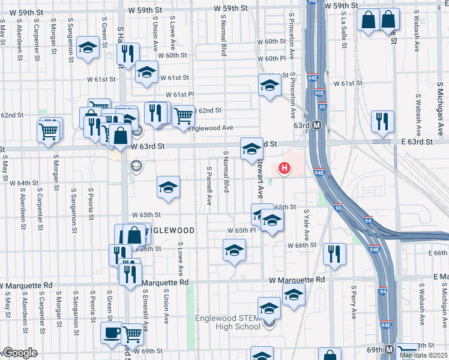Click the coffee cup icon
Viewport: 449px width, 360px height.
[110, 334]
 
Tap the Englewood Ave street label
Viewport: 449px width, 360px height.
[210, 128]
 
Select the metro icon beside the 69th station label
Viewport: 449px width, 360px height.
[388, 349]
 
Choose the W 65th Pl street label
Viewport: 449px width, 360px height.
[241, 230]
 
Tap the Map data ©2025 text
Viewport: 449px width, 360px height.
[423, 355]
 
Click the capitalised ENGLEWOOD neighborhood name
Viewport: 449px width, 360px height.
[170, 230]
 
